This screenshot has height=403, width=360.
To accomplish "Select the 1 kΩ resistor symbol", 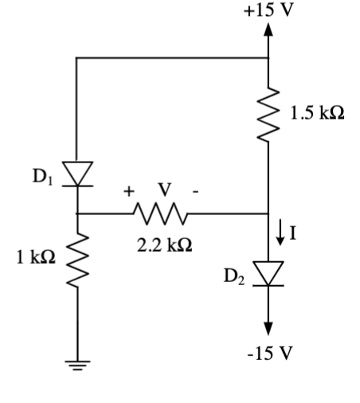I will [76, 260].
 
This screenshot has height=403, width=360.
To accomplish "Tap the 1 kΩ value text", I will [36, 259].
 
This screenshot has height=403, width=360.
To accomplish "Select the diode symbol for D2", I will [268, 273].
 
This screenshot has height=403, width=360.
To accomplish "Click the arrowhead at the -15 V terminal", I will [268, 327].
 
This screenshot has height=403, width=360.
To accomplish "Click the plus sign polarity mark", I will [127, 192].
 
